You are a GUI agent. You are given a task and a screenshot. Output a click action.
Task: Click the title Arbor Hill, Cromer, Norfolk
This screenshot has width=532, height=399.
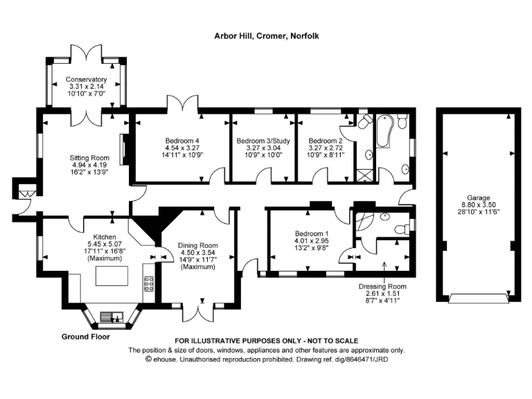click(x=267, y=35)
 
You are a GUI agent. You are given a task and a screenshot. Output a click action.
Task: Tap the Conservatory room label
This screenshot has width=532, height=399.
click(x=87, y=80)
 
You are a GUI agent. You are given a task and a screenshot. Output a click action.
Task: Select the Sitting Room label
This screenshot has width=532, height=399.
click(x=89, y=157)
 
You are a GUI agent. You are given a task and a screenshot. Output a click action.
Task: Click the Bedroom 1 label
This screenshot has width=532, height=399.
click(x=309, y=233)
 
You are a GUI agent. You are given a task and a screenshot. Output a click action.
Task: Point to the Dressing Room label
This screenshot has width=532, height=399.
click(x=382, y=286)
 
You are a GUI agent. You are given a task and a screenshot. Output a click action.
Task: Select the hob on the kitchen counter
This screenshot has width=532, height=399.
click(x=148, y=284)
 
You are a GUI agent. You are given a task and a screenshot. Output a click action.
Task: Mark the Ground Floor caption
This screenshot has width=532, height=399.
click(x=87, y=337)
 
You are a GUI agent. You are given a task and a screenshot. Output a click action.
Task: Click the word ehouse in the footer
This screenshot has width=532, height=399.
click(x=166, y=360)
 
